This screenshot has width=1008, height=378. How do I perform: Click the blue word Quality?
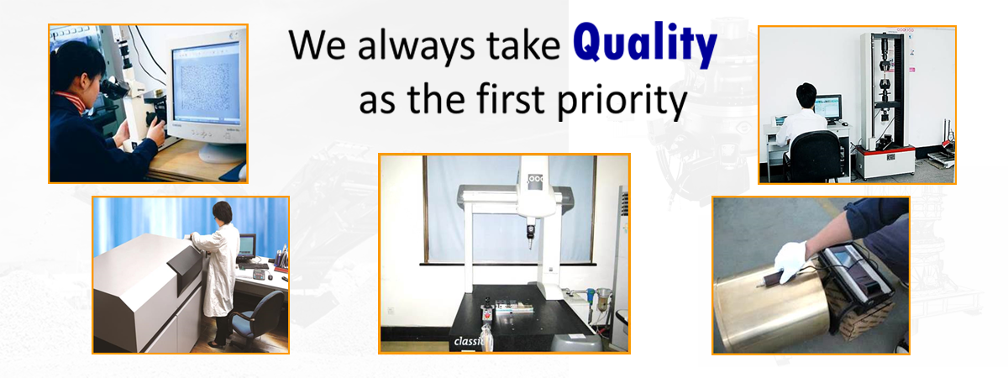[645, 44]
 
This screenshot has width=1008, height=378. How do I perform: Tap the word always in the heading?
[416, 47]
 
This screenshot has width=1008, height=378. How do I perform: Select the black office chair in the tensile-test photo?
[813, 155]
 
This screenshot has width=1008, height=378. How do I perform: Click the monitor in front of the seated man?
[828, 108]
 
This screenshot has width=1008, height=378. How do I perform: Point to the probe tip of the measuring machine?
[531, 245]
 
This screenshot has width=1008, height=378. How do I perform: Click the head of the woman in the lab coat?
[223, 213]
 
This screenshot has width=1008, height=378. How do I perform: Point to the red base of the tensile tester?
[885, 151]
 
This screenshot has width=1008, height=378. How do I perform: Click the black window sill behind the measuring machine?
[508, 264]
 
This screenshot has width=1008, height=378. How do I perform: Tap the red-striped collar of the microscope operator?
[71, 101]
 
